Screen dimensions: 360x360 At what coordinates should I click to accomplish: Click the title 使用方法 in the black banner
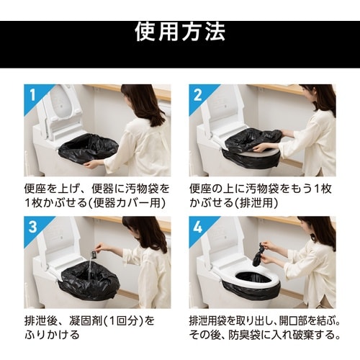pyautogui.click(x=180, y=31)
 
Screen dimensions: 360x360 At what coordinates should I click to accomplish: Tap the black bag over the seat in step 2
pyautogui.click(x=252, y=141)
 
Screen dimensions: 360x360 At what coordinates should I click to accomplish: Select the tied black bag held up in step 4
pyautogui.click(x=258, y=253)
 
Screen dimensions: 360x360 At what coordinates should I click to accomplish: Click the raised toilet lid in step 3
pyautogui.click(x=58, y=241)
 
